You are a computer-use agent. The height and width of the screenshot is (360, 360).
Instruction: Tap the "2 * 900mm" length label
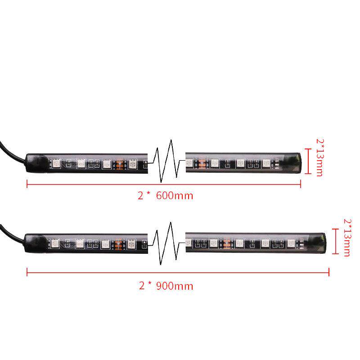[167, 285]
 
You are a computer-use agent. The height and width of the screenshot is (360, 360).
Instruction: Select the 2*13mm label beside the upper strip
[319, 157]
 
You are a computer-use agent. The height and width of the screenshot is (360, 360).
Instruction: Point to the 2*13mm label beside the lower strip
[347, 237]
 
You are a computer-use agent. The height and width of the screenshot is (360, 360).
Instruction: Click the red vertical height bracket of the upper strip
[308, 161]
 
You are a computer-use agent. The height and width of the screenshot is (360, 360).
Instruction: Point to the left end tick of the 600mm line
[27, 183]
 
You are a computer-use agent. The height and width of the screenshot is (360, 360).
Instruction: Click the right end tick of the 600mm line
[301, 183]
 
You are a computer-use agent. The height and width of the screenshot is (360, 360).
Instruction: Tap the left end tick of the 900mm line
[27, 272]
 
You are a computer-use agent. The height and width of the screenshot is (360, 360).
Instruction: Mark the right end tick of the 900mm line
[329, 272]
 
